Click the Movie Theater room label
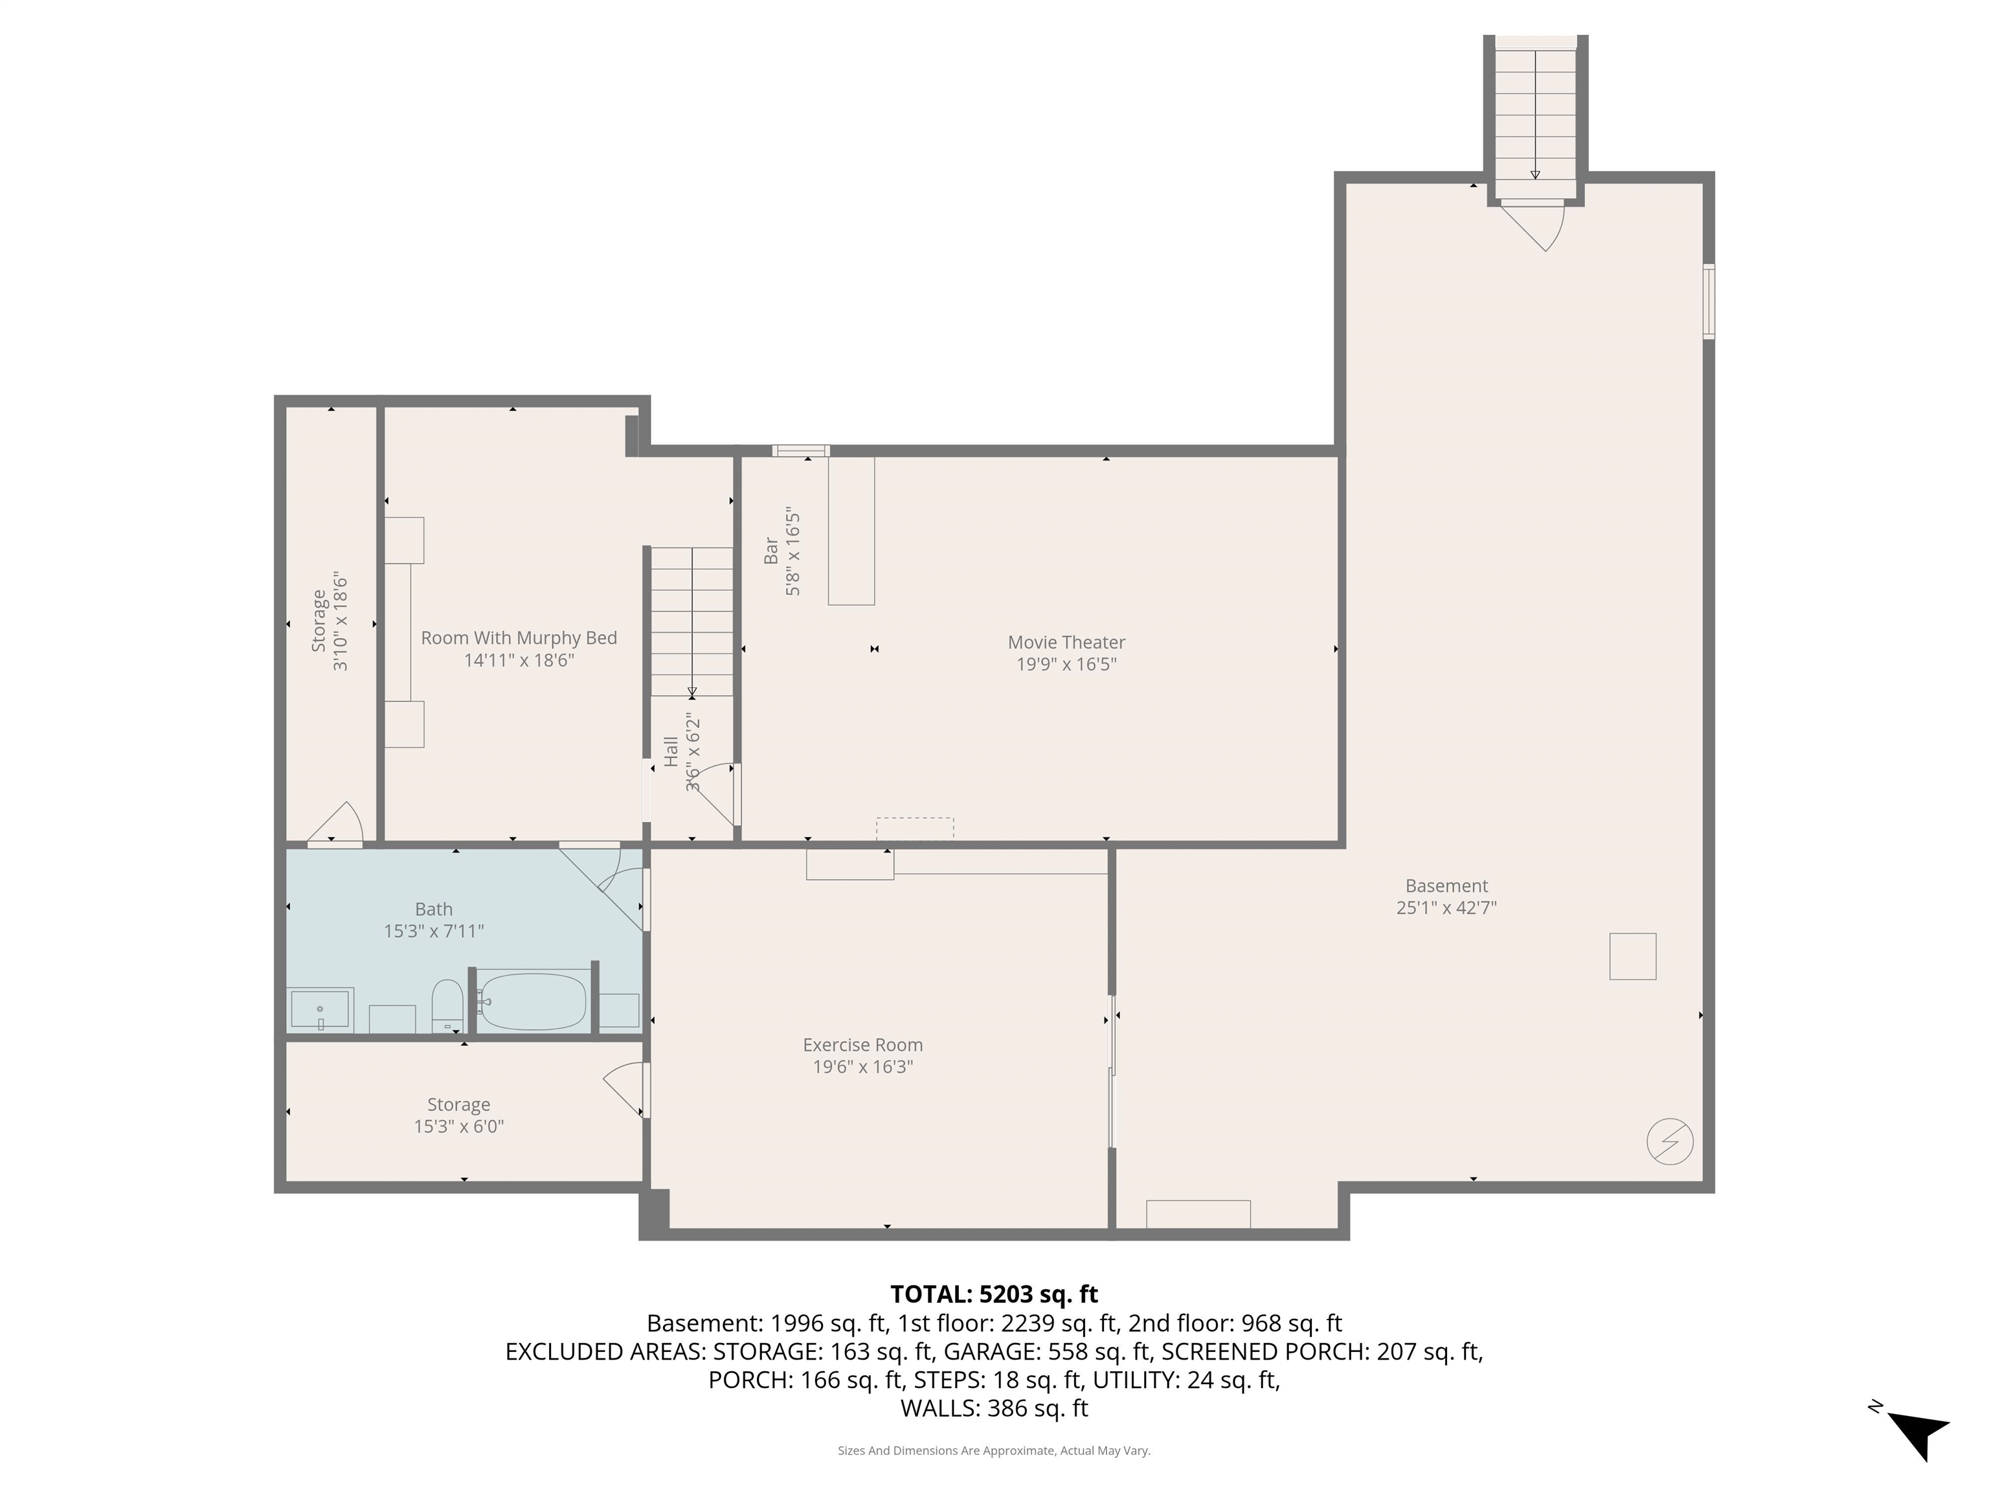(x=1066, y=643)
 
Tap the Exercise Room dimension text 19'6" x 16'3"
(x=862, y=1066)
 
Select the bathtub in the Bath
(x=532, y=1000)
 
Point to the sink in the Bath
(x=320, y=1008)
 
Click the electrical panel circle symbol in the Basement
(x=1670, y=1142)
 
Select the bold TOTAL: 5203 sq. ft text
(x=994, y=1294)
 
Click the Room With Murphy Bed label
(x=519, y=638)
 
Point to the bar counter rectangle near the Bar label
(x=851, y=530)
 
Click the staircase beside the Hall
(x=691, y=620)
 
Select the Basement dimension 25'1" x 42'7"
(x=1446, y=908)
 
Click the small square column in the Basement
(x=1632, y=956)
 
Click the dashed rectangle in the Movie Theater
(x=914, y=828)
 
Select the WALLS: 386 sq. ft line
(x=994, y=1408)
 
